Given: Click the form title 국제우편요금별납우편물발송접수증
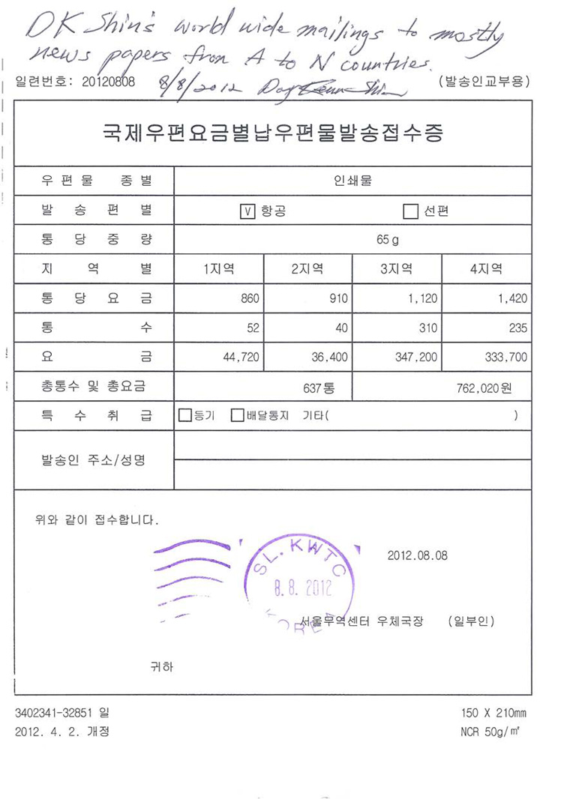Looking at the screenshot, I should click(273, 133).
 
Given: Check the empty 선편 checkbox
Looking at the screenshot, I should click(409, 211).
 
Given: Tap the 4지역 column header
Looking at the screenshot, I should click(486, 269).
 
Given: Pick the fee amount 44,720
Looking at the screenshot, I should click(241, 357).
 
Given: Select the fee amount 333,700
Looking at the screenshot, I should click(506, 357).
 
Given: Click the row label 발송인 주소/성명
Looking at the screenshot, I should click(93, 459).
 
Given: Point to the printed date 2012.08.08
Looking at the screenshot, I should click(417, 555).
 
